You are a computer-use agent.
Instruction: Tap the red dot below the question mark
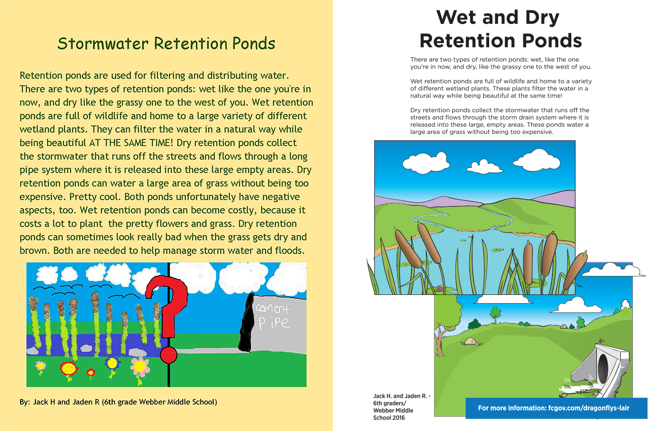pyautogui.click(x=169, y=355)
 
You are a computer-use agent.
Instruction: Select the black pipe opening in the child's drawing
pyautogui.click(x=247, y=323)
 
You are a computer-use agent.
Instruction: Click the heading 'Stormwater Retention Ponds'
pyautogui.click(x=166, y=44)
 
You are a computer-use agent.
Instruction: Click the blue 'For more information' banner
pyautogui.click(x=556, y=408)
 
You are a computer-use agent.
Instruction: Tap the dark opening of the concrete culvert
pyautogui.click(x=603, y=369)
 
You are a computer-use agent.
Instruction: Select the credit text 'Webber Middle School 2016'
pyautogui.click(x=393, y=414)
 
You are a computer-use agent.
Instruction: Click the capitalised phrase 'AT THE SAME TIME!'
pyautogui.click(x=131, y=143)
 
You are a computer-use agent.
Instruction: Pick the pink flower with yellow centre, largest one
pyautogui.click(x=140, y=367)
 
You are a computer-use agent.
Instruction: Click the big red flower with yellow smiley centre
pyautogui.click(x=69, y=369)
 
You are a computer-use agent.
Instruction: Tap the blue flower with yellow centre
pyautogui.click(x=112, y=364)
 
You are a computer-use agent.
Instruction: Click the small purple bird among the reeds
pyautogui.click(x=440, y=288)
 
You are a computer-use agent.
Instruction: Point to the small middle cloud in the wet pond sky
pyautogui.click(x=484, y=167)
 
